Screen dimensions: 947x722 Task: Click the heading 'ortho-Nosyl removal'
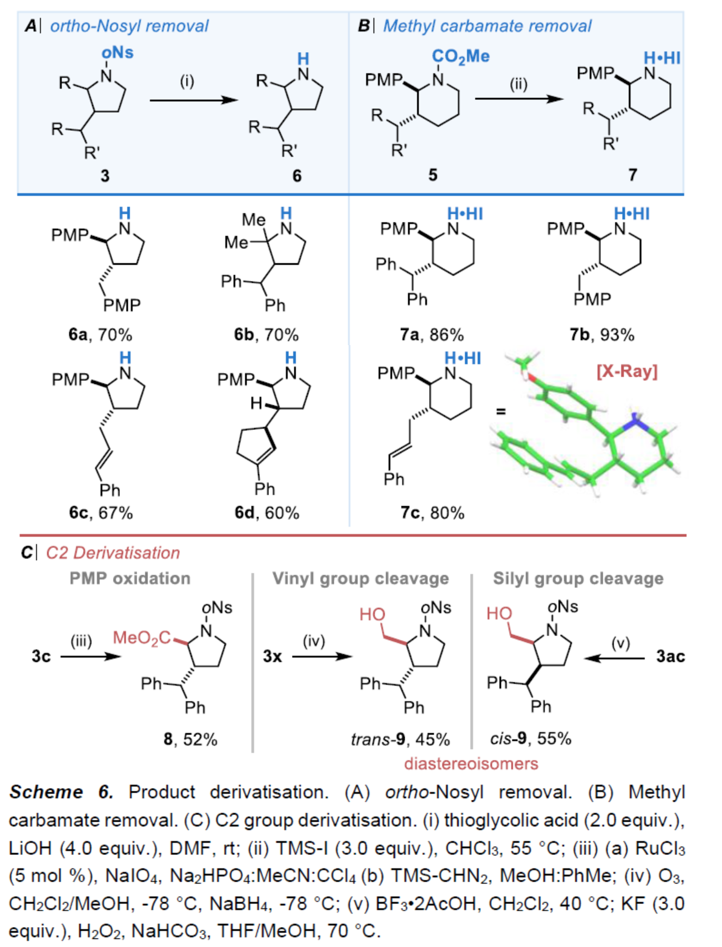coord(129,26)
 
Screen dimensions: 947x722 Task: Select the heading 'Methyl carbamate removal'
coord(487,26)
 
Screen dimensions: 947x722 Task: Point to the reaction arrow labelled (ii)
coord(519,97)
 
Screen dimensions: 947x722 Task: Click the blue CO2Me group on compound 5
coord(460,56)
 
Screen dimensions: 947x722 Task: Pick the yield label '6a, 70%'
coord(100,334)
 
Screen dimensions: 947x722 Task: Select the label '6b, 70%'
coord(266,334)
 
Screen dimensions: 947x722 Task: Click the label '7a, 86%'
coord(431,334)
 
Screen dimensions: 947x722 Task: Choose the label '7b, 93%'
coord(601,334)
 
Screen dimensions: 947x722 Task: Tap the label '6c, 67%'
coord(101,513)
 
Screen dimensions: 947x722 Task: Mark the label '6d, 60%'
coord(267,513)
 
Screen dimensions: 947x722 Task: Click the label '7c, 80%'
coord(432,513)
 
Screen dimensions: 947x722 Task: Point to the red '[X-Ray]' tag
coord(627,371)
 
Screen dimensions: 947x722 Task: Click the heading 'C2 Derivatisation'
coord(113,553)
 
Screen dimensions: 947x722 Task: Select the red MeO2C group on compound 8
coord(142,638)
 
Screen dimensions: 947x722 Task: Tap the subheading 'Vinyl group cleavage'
coord(360,578)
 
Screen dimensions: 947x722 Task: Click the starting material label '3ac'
coord(670,656)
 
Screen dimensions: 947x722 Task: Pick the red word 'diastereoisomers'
coord(471,764)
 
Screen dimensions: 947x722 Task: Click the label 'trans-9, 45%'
coord(400,739)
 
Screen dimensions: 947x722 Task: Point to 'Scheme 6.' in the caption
coord(61,792)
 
